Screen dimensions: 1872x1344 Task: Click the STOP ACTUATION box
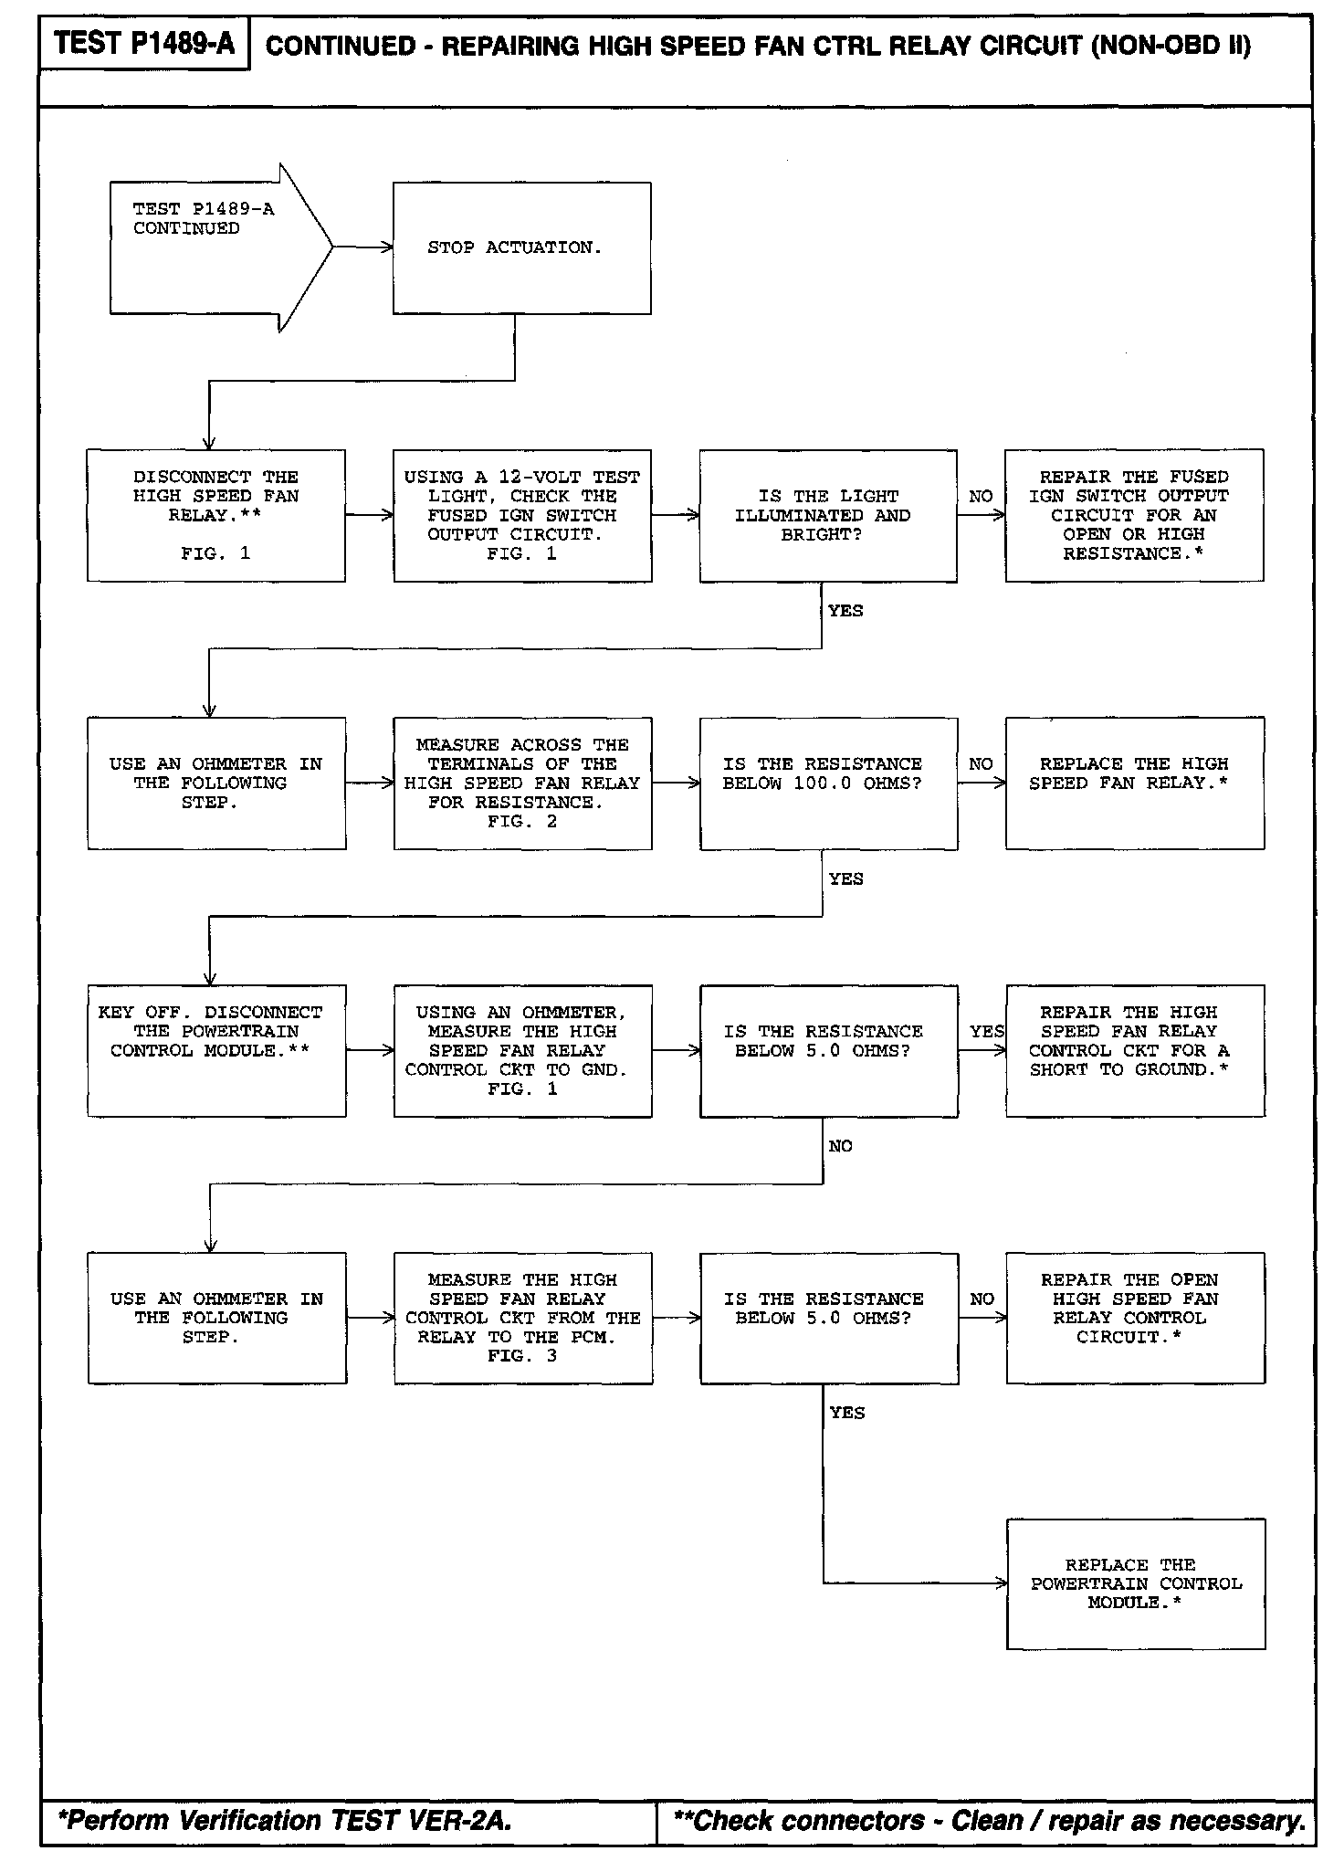pyautogui.click(x=521, y=247)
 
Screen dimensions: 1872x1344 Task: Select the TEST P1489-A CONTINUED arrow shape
pyautogui.click(x=210, y=247)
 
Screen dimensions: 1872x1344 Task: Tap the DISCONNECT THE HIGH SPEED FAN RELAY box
pyautogui.click(x=215, y=515)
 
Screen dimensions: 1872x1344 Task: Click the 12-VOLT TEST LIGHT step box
pyautogui.click(x=522, y=515)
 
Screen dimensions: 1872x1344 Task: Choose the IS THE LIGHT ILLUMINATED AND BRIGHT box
pyautogui.click(x=827, y=515)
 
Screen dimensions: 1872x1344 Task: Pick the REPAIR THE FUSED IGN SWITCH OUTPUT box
pyautogui.click(x=1134, y=515)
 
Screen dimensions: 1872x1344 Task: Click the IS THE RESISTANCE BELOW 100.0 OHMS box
pyautogui.click(x=828, y=783)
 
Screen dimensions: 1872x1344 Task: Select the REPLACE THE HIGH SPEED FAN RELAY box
pyautogui.click(x=1134, y=783)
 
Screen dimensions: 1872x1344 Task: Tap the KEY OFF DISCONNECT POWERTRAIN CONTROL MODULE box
pyautogui.click(x=216, y=1050)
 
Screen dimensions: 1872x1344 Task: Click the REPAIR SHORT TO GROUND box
pyautogui.click(x=1135, y=1050)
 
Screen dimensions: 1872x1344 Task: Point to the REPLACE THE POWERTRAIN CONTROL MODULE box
pyautogui.click(x=1136, y=1583)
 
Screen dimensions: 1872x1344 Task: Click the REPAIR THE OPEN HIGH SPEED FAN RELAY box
pyautogui.click(x=1135, y=1318)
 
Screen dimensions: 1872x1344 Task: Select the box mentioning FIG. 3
pyautogui.click(x=523, y=1318)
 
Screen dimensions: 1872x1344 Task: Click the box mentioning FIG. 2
pyautogui.click(x=522, y=783)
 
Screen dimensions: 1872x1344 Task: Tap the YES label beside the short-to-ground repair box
pyautogui.click(x=986, y=1031)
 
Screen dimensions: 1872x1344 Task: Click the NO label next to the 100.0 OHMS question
pyautogui.click(x=981, y=763)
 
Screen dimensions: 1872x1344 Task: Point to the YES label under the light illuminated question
pyautogui.click(x=845, y=611)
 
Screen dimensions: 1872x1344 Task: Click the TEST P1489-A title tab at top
pyautogui.click(x=143, y=43)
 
